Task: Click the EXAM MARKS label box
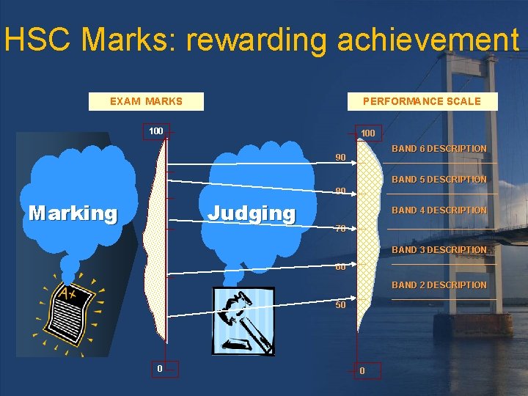click(146, 101)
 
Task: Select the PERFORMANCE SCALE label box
click(422, 101)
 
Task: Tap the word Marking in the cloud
click(73, 213)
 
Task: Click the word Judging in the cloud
click(252, 213)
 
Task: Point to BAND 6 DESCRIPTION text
click(439, 149)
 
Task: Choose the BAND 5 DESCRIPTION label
click(439, 180)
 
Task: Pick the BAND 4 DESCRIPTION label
click(439, 210)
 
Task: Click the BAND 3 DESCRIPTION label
click(439, 250)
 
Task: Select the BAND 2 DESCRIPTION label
click(439, 285)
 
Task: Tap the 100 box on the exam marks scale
click(156, 131)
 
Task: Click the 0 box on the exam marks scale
click(159, 368)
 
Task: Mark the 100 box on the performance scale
click(367, 133)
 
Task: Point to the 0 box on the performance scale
click(362, 371)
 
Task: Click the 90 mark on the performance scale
click(340, 158)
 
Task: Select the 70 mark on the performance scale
click(340, 228)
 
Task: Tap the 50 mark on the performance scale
click(340, 304)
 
